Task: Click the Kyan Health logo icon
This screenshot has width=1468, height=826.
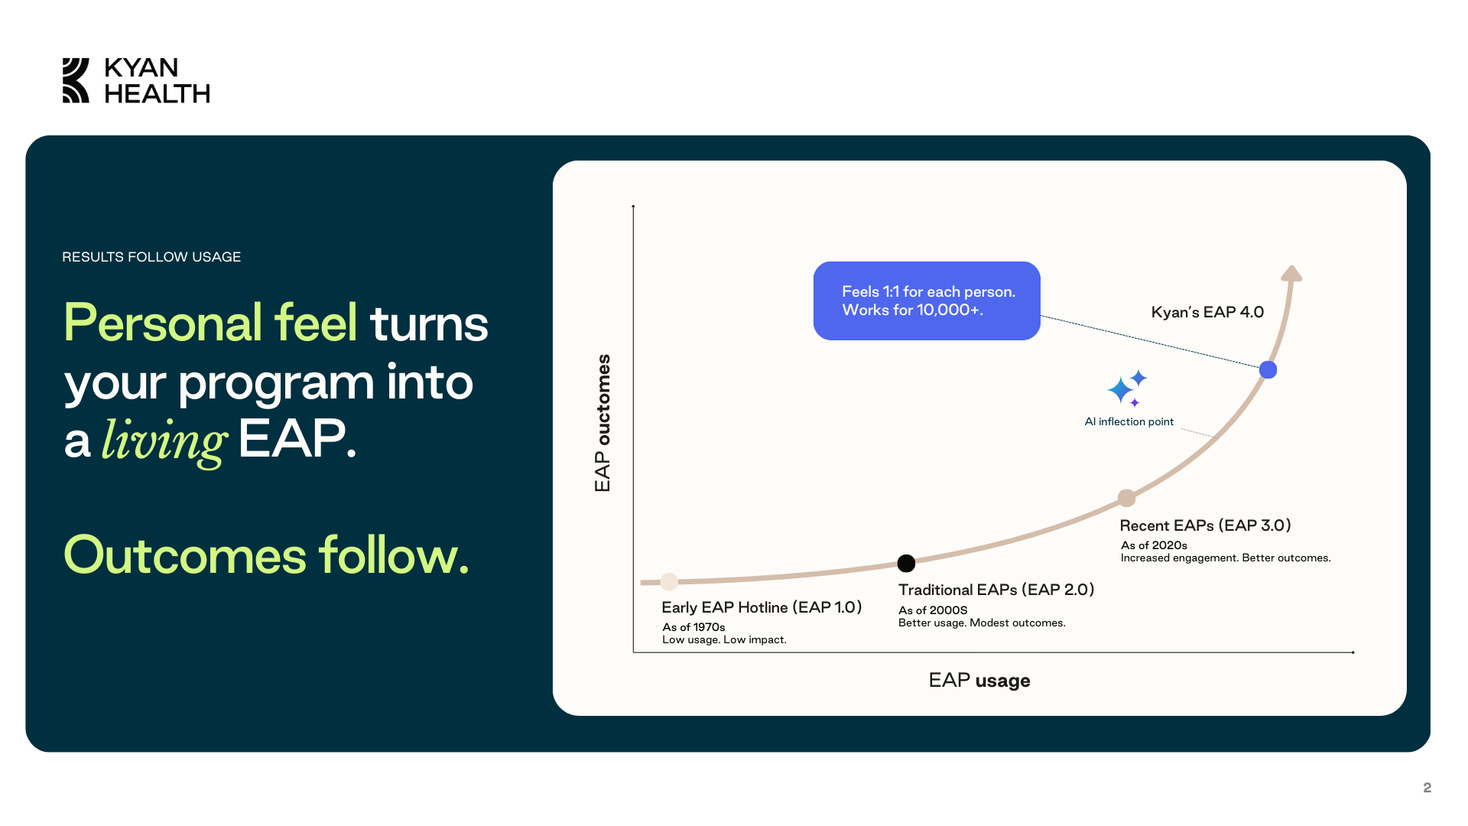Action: (76, 80)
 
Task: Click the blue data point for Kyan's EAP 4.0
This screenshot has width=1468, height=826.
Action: (1268, 370)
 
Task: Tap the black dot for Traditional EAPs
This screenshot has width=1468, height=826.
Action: (906, 564)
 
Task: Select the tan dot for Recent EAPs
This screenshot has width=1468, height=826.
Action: (1126, 499)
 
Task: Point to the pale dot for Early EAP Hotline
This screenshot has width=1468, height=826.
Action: (669, 582)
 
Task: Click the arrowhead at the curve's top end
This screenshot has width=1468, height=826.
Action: (1291, 273)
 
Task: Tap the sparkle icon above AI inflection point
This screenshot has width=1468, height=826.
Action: (1128, 389)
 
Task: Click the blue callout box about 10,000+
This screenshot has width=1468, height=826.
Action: (927, 301)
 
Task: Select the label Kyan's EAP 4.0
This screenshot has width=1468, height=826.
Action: (1207, 312)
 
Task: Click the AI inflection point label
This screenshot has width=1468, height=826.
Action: (1129, 421)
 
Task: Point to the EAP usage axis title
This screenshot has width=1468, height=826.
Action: (979, 681)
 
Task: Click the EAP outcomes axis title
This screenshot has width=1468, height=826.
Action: (602, 423)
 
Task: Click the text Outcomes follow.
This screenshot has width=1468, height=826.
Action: (266, 554)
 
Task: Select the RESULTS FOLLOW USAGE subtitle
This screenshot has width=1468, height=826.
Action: (151, 257)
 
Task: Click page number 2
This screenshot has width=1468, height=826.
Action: (1427, 788)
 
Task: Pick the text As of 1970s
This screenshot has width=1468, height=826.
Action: (693, 627)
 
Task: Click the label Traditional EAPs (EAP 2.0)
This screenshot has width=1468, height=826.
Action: (996, 590)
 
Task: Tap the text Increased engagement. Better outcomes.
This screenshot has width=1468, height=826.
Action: (1226, 558)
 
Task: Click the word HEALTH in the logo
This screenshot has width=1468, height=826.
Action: (157, 93)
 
